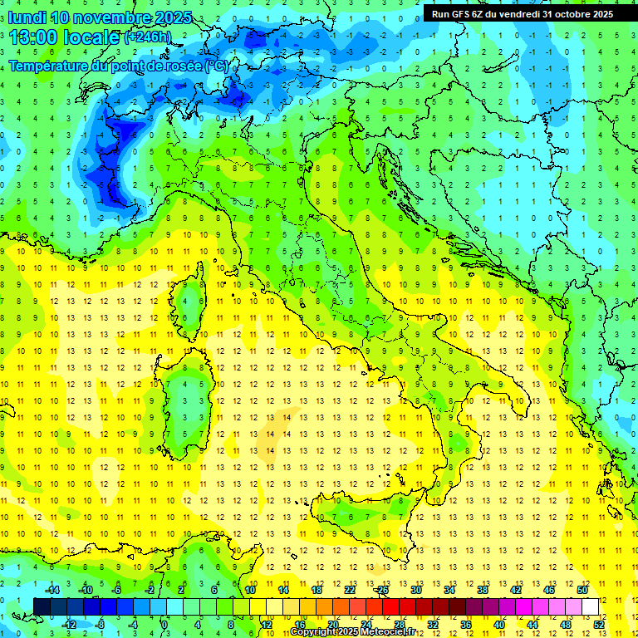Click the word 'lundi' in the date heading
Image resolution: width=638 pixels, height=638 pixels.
(27, 17)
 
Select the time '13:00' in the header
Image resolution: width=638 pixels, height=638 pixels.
(34, 37)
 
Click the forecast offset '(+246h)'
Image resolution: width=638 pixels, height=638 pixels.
(148, 37)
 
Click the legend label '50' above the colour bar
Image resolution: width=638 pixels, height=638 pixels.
(582, 590)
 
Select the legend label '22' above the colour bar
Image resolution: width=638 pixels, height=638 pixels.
(350, 590)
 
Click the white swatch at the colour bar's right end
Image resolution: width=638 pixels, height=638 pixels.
(591, 606)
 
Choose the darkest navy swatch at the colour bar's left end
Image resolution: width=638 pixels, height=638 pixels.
(42, 606)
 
